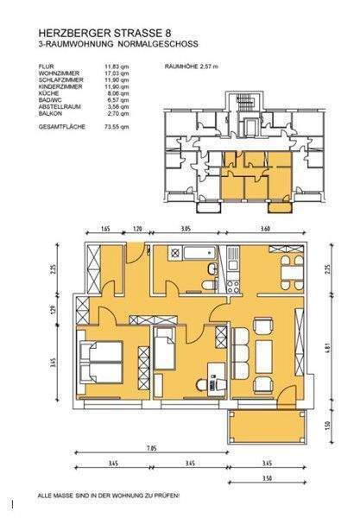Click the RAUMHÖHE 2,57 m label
click(x=191, y=66)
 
